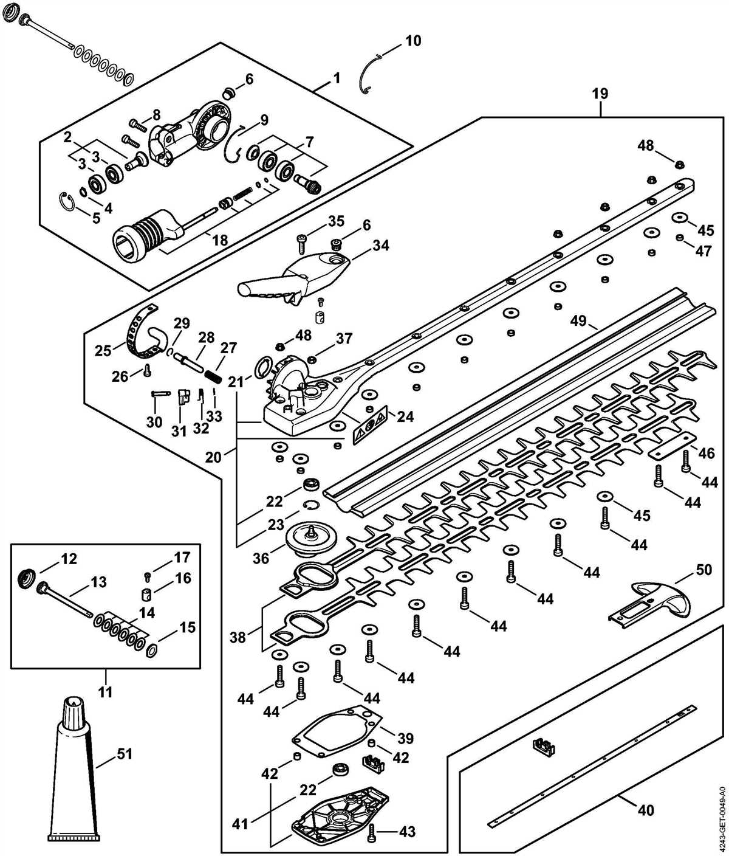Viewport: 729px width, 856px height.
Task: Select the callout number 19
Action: click(600, 94)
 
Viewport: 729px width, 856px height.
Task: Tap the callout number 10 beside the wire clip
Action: click(412, 41)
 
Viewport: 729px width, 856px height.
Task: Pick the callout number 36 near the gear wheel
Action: click(261, 557)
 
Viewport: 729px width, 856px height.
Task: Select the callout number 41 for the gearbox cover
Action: click(241, 808)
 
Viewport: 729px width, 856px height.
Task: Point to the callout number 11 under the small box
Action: click(106, 691)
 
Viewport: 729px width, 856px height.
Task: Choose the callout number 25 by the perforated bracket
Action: click(103, 351)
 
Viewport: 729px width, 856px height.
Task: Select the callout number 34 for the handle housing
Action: click(381, 246)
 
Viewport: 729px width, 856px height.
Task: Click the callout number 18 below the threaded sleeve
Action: click(219, 240)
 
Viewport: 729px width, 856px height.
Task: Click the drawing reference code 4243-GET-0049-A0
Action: click(722, 815)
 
